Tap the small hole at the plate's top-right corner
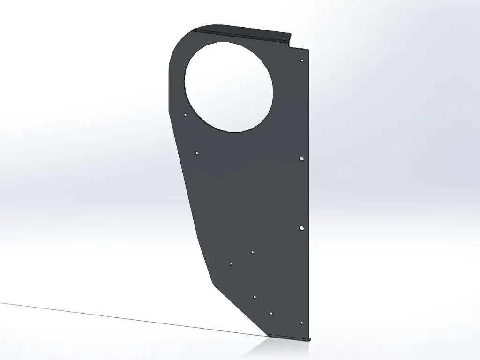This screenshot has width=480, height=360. (302, 60)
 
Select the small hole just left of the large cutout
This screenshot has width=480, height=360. (185, 114)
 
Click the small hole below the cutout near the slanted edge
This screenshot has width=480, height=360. (197, 153)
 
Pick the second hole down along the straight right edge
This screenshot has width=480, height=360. (301, 159)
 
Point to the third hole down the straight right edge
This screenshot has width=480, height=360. (301, 228)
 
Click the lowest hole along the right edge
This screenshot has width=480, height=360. (301, 323)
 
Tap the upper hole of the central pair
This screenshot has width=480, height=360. (252, 252)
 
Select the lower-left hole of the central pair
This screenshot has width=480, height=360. (231, 264)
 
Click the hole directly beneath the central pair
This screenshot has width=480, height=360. (255, 297)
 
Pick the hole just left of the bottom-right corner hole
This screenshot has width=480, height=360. (271, 313)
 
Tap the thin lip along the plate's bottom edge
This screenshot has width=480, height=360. (291, 337)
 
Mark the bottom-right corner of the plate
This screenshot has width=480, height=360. (309, 337)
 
